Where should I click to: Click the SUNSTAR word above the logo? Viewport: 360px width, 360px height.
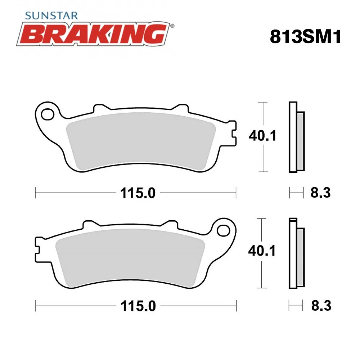(x=51, y=15)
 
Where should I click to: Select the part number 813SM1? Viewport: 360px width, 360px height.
(x=305, y=36)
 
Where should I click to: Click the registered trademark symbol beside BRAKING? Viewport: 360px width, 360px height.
(x=172, y=26)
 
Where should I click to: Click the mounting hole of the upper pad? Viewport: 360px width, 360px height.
(x=47, y=114)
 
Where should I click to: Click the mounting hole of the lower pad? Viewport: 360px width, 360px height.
(x=224, y=230)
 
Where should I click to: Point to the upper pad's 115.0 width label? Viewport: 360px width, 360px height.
(x=138, y=193)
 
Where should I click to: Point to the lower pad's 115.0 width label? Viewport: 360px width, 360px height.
(x=138, y=306)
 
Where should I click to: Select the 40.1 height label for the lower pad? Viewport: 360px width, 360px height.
(x=262, y=251)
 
